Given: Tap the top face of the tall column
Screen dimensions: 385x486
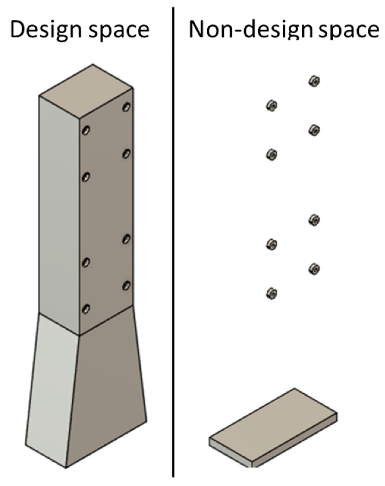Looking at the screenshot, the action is (86, 91).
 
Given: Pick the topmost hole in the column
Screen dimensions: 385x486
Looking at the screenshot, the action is (126, 107).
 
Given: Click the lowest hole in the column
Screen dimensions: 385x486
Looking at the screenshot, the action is (86, 309).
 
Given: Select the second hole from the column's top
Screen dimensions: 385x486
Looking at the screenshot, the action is (86, 130).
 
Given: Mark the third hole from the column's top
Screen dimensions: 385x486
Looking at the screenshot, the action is (126, 154).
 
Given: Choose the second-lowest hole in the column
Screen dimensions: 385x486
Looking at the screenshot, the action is (126, 286).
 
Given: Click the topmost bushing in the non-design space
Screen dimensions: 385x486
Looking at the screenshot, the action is (314, 81).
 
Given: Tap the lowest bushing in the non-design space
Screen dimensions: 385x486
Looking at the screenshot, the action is (272, 294).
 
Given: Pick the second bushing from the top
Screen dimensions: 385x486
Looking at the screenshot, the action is (272, 106).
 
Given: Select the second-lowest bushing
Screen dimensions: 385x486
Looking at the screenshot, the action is (314, 269).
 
